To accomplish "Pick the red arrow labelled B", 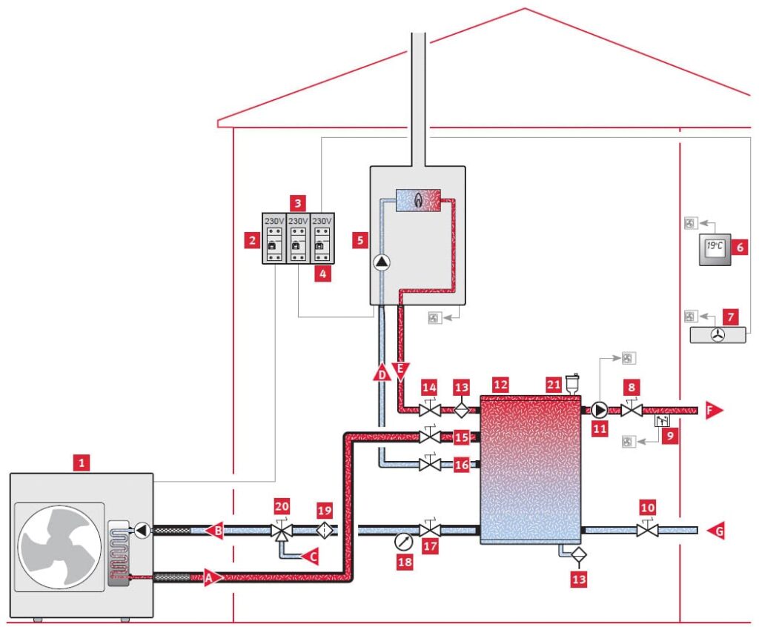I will [x=213, y=530].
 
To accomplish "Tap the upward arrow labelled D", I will [x=382, y=373].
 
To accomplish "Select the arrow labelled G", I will [x=715, y=530].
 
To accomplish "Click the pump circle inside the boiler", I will [x=381, y=262].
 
